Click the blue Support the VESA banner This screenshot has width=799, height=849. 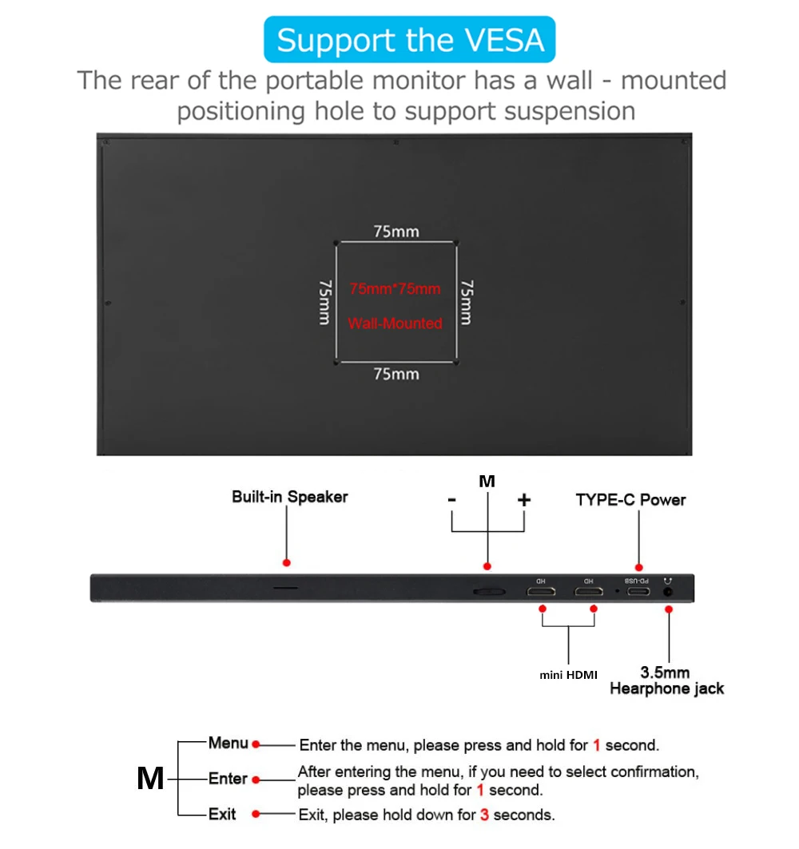point(409,40)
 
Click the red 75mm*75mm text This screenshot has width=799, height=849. point(395,288)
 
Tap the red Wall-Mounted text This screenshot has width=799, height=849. point(395,323)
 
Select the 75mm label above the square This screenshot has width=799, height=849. point(396,232)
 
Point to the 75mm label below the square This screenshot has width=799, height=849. point(396,374)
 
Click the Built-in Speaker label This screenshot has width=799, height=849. point(290,497)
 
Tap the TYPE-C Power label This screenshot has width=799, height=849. point(630,500)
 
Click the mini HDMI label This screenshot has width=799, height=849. point(568,676)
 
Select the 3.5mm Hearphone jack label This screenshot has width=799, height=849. point(666,680)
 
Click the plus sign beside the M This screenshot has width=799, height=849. point(524,500)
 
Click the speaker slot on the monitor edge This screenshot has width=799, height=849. point(286,588)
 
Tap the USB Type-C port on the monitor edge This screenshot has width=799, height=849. point(638,592)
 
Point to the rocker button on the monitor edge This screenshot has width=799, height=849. point(487,592)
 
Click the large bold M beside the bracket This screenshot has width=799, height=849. point(150,779)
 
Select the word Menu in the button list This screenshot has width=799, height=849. point(228,744)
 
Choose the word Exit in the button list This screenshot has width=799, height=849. point(222,814)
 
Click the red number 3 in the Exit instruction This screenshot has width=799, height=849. point(484,815)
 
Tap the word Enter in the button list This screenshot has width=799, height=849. point(228,779)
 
